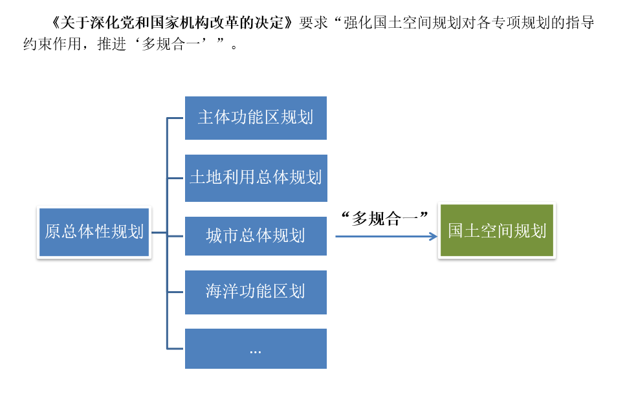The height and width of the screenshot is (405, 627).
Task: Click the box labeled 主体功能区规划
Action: point(256,118)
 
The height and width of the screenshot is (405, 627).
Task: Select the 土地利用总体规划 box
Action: point(256,178)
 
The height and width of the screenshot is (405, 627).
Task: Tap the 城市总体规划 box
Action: point(256,235)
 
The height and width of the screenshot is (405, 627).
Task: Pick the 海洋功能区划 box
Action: point(256,292)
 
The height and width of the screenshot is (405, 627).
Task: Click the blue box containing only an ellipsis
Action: point(256,349)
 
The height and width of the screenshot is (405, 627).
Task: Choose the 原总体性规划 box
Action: point(94,232)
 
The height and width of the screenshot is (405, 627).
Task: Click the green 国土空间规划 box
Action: point(496,231)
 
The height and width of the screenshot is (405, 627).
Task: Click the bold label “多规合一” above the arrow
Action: point(384,218)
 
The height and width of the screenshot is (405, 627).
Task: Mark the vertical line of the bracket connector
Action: point(167,233)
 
